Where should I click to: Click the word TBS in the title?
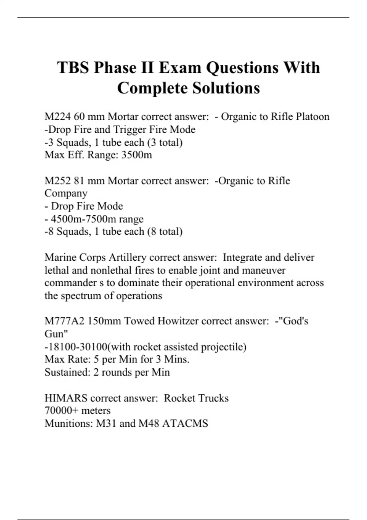(73, 68)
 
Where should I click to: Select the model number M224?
(57, 117)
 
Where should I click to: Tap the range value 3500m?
(136, 155)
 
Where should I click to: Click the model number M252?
(57, 181)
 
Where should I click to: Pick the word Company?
(66, 194)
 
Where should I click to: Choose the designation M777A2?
(64, 321)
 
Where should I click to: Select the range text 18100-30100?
(78, 347)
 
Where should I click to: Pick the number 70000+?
(61, 411)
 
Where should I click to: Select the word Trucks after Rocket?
(213, 398)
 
